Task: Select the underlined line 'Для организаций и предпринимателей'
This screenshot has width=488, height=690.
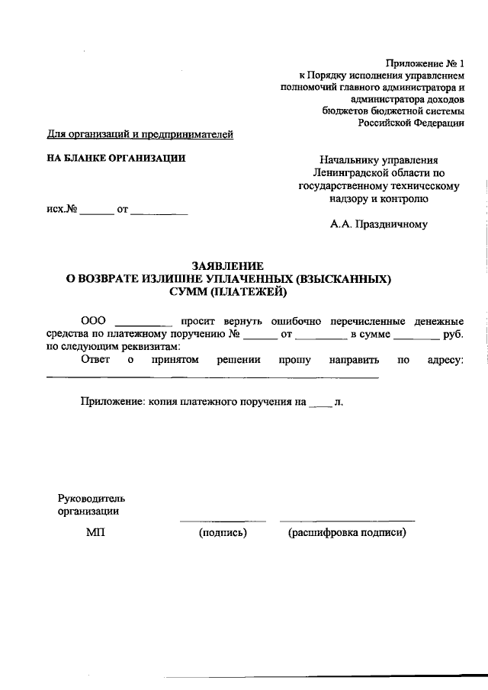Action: point(140,135)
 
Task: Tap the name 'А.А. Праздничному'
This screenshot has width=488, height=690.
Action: point(379,224)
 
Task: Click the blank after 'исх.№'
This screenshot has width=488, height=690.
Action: point(97,210)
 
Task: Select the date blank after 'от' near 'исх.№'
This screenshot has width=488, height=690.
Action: point(159,210)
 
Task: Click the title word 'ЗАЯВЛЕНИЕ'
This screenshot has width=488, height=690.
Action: point(228,265)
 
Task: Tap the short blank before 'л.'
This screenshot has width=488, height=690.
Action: point(320,403)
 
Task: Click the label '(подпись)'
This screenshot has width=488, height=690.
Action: point(223,533)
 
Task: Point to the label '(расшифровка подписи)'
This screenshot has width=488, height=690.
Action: point(347,533)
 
